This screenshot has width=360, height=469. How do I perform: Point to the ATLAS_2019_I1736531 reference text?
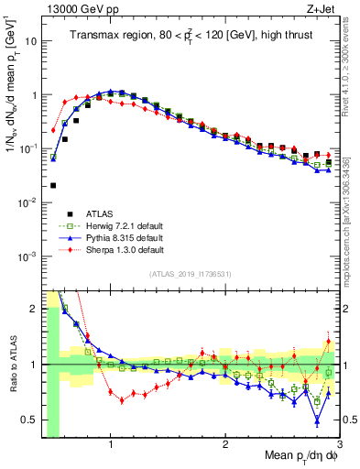pyautogui.click(x=191, y=274)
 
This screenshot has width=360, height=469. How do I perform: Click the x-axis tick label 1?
pyautogui.click(x=111, y=445)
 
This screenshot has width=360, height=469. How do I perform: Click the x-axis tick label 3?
pyautogui.click(x=338, y=445)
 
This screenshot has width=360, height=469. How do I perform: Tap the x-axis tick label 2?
pyautogui.click(x=225, y=445)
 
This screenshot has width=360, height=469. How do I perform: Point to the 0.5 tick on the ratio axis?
pyautogui.click(x=33, y=420)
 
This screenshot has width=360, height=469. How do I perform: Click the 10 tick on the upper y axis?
pyautogui.click(x=31, y=41)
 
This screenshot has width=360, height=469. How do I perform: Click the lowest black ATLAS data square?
pyautogui.click(x=53, y=185)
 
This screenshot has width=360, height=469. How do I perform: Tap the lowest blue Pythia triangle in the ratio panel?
pyautogui.click(x=317, y=420)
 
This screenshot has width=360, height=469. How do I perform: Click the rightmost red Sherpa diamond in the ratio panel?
pyautogui.click(x=329, y=342)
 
